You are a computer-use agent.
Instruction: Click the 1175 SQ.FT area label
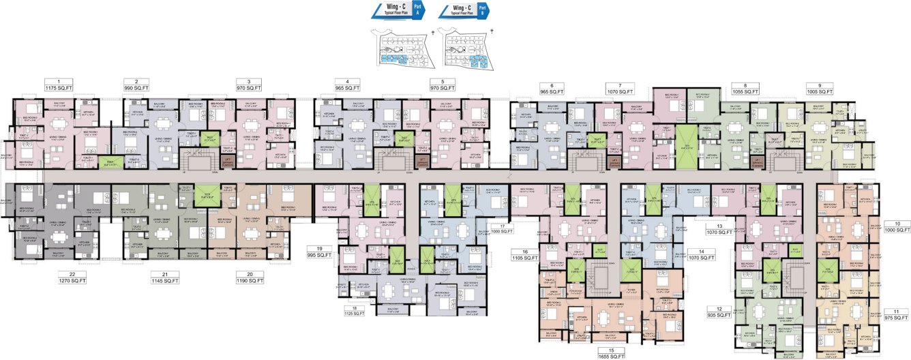[59, 88]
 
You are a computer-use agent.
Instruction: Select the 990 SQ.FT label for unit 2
[136, 88]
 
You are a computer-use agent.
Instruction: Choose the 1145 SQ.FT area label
[164, 280]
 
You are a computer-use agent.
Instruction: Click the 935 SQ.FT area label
[719, 315]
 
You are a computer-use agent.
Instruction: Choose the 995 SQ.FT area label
[318, 254]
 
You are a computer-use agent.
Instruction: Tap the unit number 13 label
[719, 225]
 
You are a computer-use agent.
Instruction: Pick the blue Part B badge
[483, 10]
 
